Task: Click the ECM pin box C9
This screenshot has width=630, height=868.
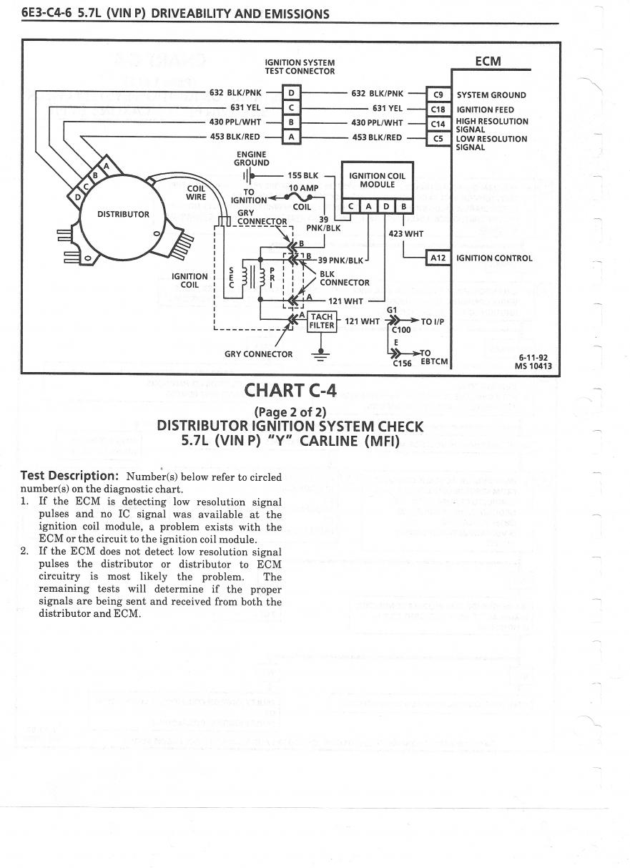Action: click(438, 94)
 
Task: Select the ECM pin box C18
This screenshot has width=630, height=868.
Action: click(438, 109)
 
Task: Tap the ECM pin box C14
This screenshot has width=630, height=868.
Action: click(438, 124)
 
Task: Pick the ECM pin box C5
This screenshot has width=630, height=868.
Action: click(438, 139)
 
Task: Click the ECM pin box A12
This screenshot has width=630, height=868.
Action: click(438, 258)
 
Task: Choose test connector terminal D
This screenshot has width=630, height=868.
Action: click(291, 93)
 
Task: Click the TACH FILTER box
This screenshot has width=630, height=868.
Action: click(322, 321)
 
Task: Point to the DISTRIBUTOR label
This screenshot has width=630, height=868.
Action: click(124, 214)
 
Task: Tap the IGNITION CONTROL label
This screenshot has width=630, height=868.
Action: click(494, 258)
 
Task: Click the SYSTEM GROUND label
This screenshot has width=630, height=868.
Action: click(491, 95)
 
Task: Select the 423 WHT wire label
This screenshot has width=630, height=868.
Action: click(405, 233)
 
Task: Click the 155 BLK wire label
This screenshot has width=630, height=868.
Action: click(303, 175)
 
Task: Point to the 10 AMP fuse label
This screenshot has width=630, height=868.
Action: click(303, 188)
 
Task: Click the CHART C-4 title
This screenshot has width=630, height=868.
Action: click(290, 391)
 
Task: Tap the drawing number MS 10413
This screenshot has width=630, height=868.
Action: click(533, 367)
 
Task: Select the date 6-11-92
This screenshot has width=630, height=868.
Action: click(533, 358)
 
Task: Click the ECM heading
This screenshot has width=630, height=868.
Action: click(488, 62)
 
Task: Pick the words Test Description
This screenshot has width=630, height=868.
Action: click(69, 476)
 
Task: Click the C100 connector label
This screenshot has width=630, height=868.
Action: click(400, 330)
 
